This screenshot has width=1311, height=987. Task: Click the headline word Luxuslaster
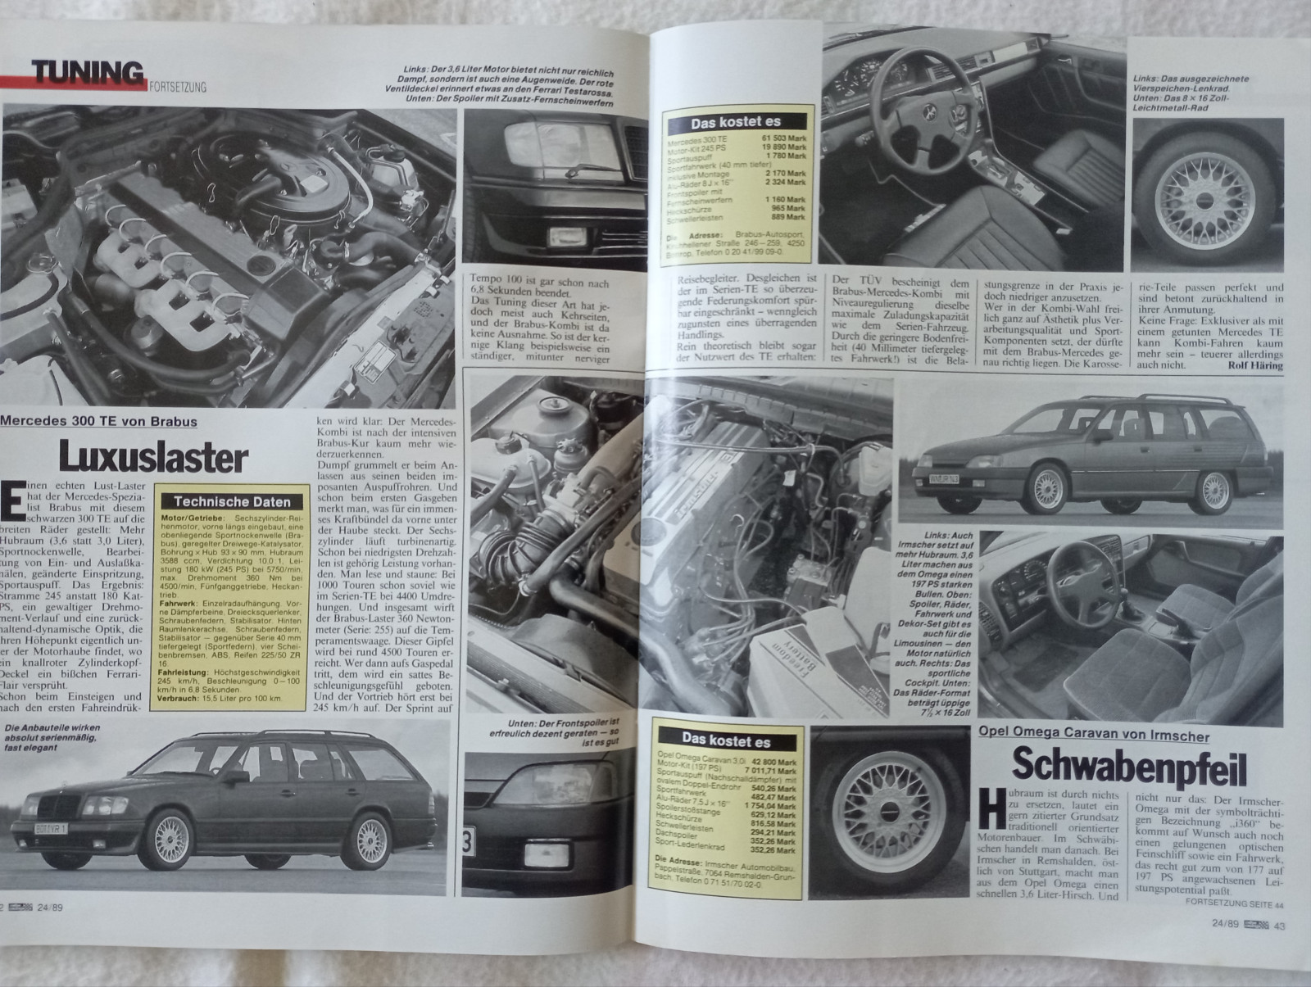(152, 457)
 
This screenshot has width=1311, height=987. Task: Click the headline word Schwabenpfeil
(1129, 767)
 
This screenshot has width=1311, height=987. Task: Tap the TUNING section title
(88, 74)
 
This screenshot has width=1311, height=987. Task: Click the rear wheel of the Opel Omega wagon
(1215, 490)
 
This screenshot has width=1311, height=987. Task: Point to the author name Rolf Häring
(1254, 366)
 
